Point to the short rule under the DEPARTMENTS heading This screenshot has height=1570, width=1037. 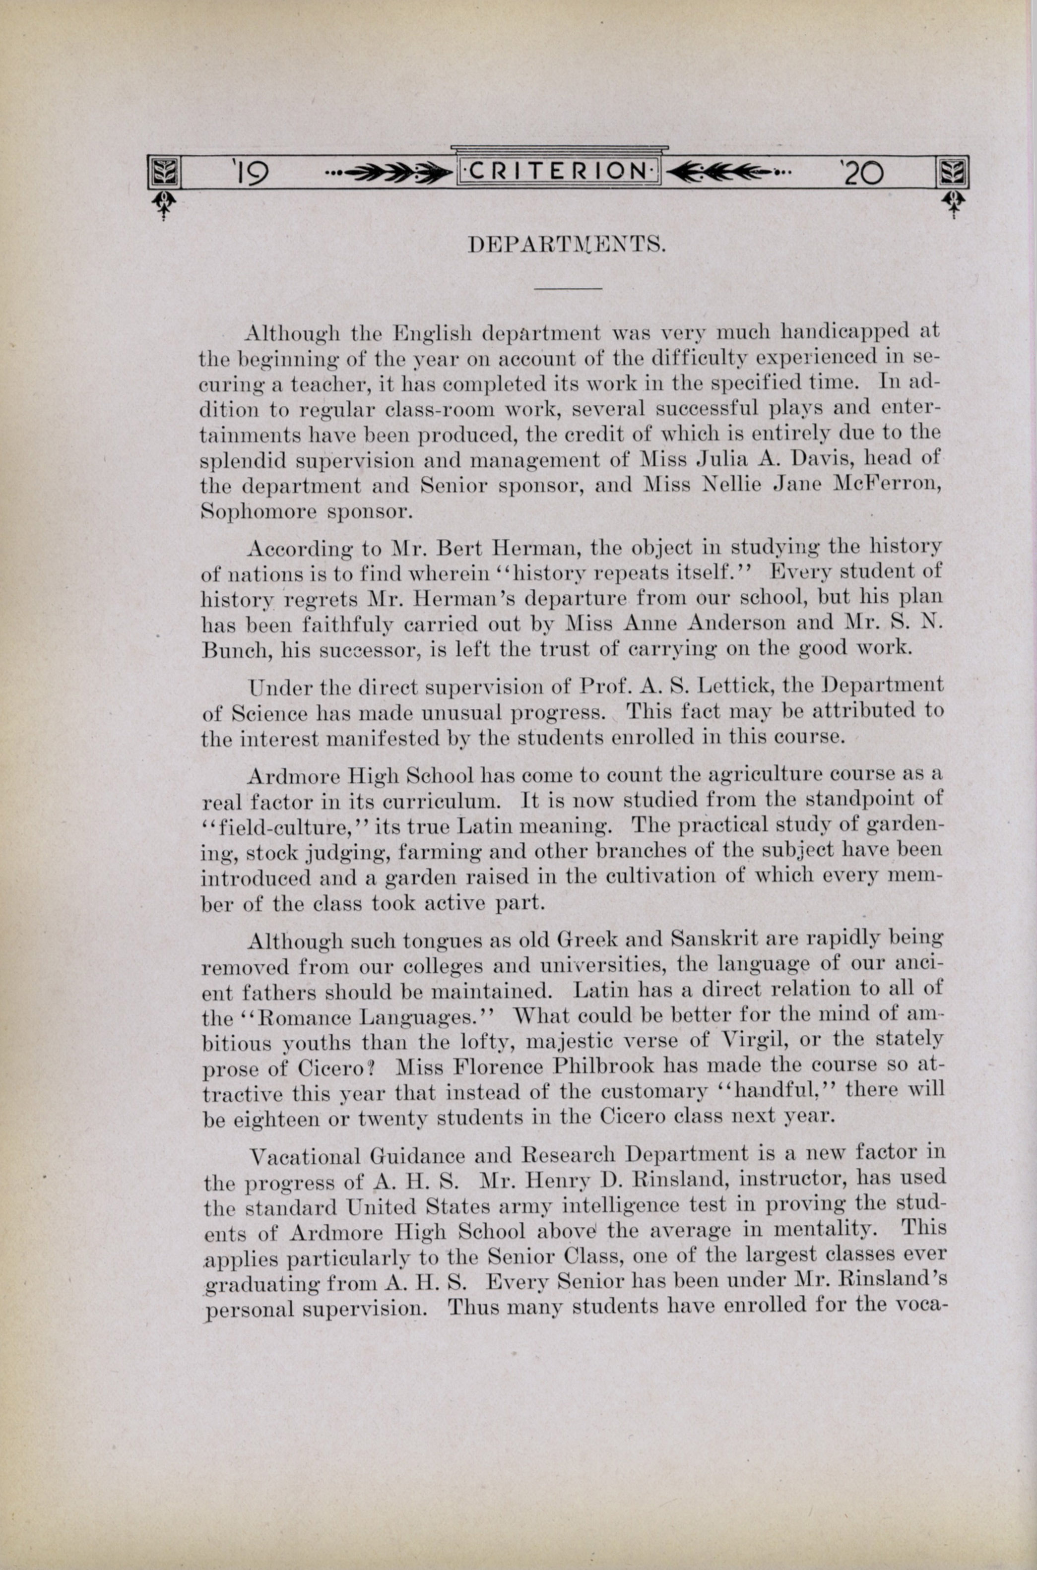pyautogui.click(x=568, y=289)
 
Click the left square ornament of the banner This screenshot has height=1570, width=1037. pyautogui.click(x=163, y=173)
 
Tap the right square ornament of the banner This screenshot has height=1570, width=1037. pyautogui.click(x=952, y=173)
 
